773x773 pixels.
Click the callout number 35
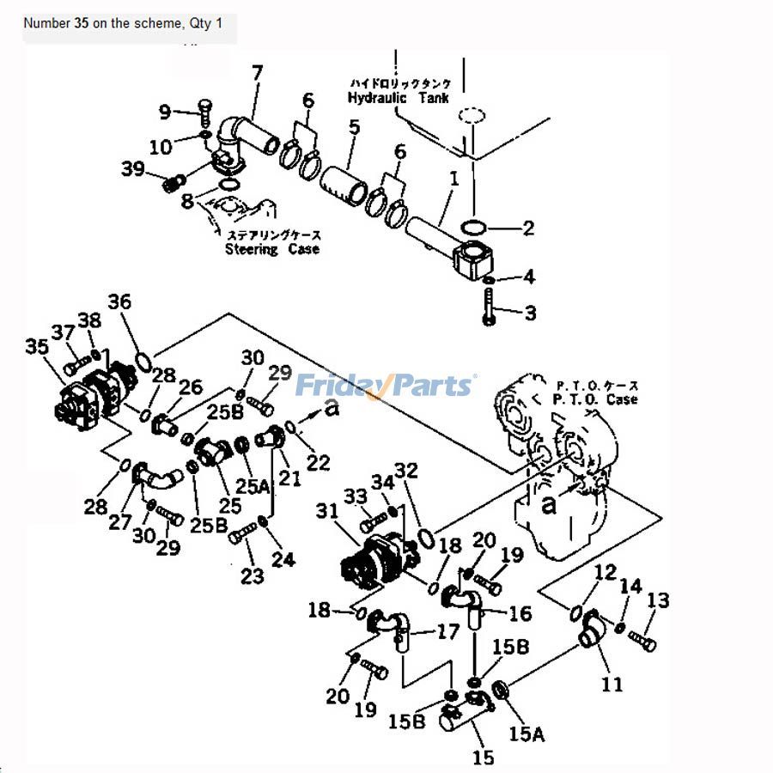[37, 347]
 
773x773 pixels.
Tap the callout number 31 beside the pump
[327, 511]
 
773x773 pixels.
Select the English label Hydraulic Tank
[398, 98]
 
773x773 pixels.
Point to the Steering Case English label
[271, 249]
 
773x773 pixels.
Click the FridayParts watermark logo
[385, 386]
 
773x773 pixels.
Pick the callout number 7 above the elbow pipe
[257, 74]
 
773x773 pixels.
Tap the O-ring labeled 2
[472, 228]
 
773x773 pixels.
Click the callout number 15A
[526, 733]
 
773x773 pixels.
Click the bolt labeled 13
[641, 639]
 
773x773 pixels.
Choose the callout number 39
[132, 169]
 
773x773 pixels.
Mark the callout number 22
[318, 463]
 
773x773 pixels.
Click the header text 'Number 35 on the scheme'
[103, 23]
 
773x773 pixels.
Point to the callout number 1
[454, 179]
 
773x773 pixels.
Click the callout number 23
[251, 576]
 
